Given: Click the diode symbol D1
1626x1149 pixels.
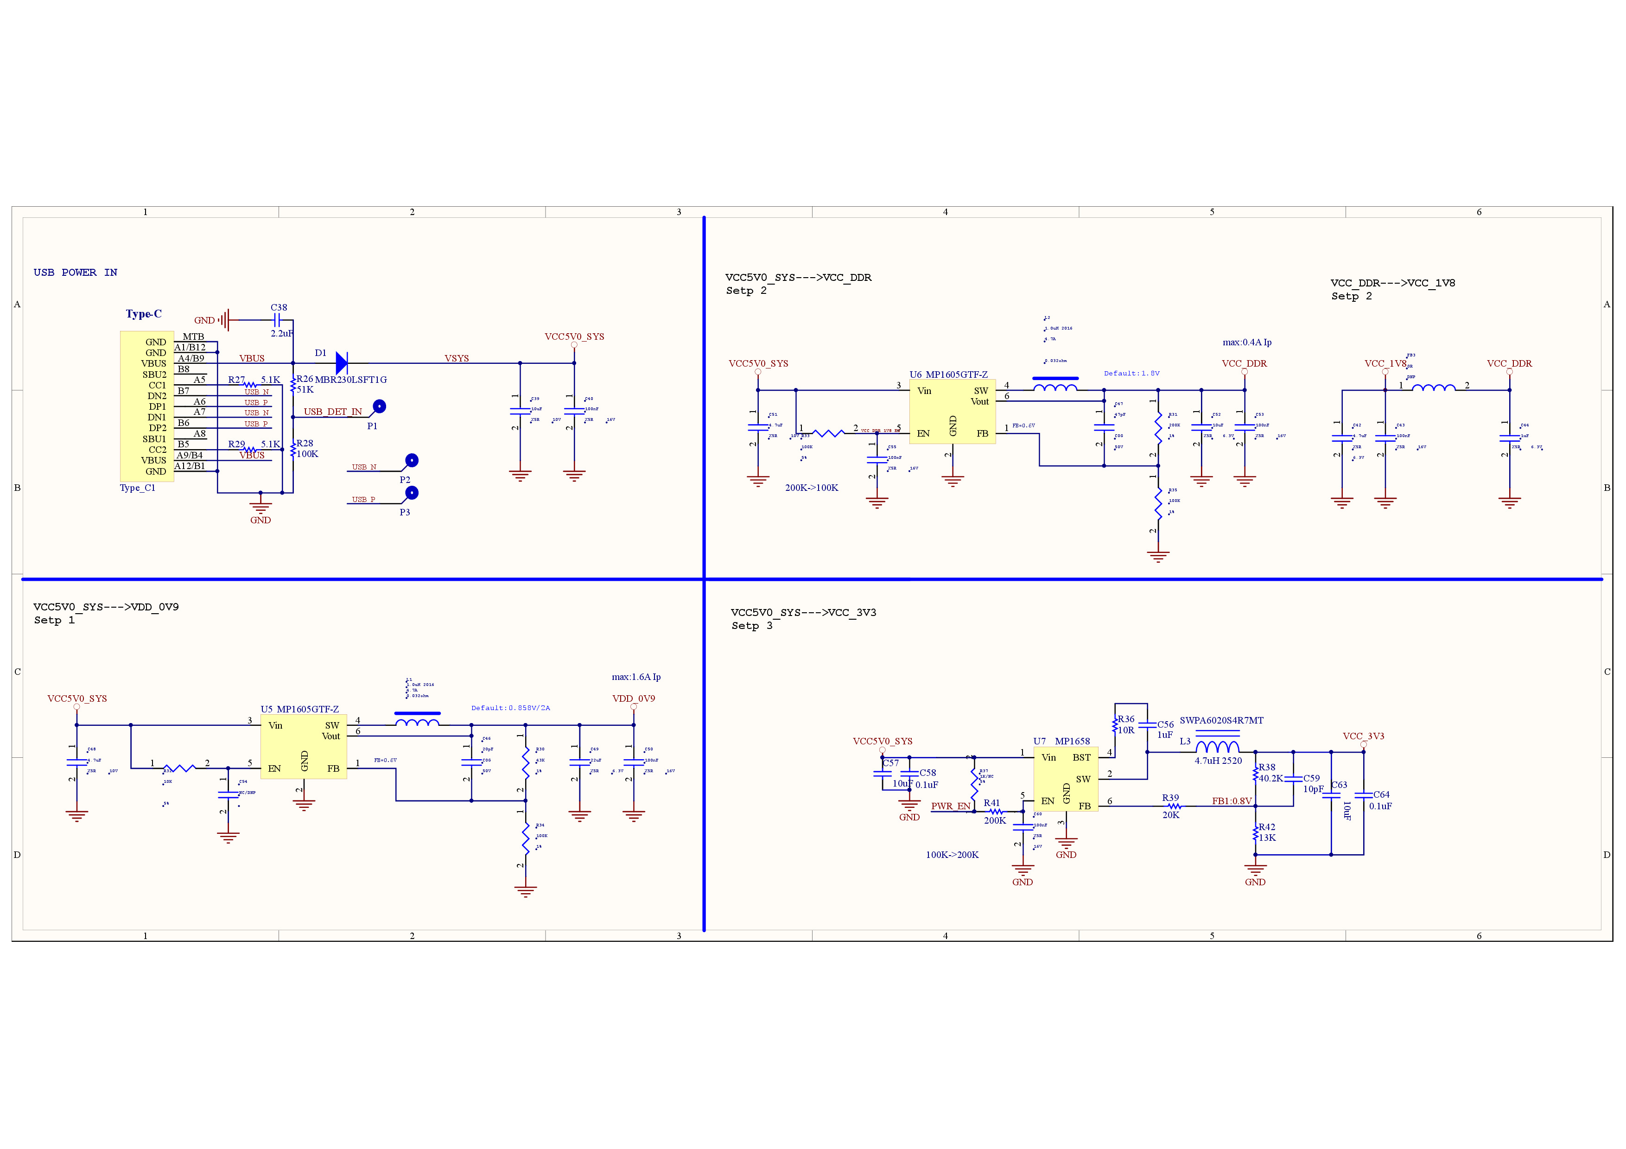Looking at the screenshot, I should (x=341, y=363).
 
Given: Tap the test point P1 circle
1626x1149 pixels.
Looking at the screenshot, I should (x=380, y=406).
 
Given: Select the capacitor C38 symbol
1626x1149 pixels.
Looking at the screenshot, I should (x=278, y=320).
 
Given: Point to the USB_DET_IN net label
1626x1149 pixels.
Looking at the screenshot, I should (x=332, y=411).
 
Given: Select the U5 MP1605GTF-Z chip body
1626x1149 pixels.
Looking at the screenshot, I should (x=303, y=747).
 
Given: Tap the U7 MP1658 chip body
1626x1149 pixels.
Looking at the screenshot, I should (x=1065, y=780).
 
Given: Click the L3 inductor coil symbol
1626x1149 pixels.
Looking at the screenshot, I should (x=1217, y=747).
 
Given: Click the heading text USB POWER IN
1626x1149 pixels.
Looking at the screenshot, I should (x=75, y=273).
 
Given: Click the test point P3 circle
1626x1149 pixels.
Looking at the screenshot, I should (x=412, y=493).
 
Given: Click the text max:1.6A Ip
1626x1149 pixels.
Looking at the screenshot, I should (x=636, y=677).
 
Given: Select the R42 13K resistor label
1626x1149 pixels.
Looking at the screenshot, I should (x=1266, y=832).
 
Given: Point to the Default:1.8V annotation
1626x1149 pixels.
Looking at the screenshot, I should (x=1131, y=373).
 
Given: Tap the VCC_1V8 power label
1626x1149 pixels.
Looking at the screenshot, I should (x=1385, y=363).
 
